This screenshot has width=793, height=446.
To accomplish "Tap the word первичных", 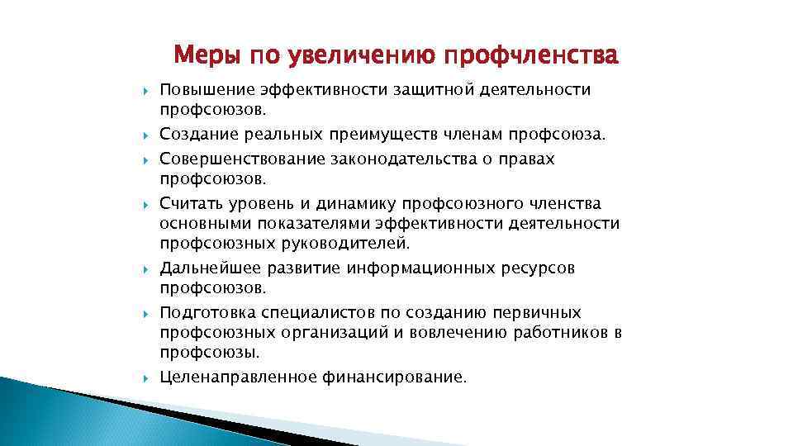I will tap(534, 313).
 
